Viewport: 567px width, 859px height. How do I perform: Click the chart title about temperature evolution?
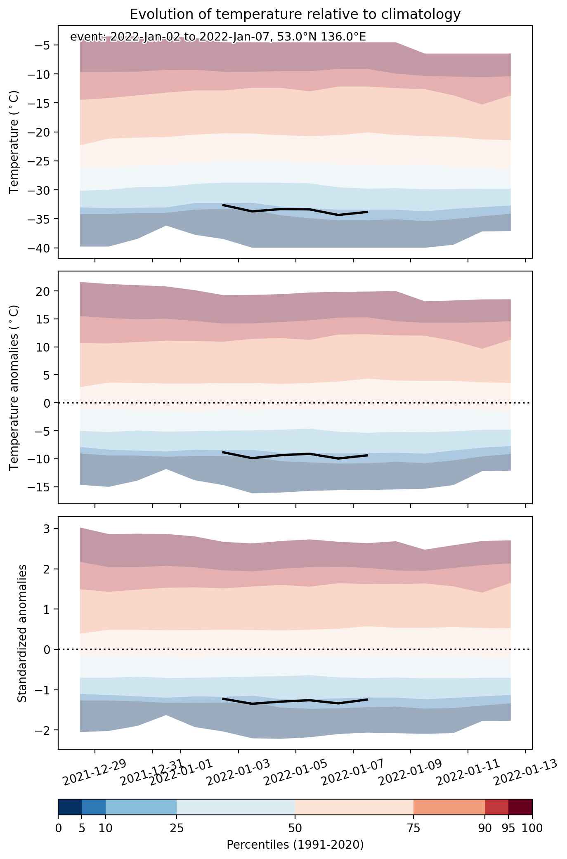pos(295,14)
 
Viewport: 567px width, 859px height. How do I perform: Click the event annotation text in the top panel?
pos(218,37)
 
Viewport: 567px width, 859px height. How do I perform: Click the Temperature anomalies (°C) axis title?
pos(14,387)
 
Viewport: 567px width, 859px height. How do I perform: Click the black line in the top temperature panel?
pos(295,209)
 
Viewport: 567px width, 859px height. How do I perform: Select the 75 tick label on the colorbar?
pos(413,828)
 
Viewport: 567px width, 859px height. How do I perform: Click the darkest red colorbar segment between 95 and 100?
pos(520,807)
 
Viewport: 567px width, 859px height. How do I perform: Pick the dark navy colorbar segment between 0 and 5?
pos(70,807)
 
